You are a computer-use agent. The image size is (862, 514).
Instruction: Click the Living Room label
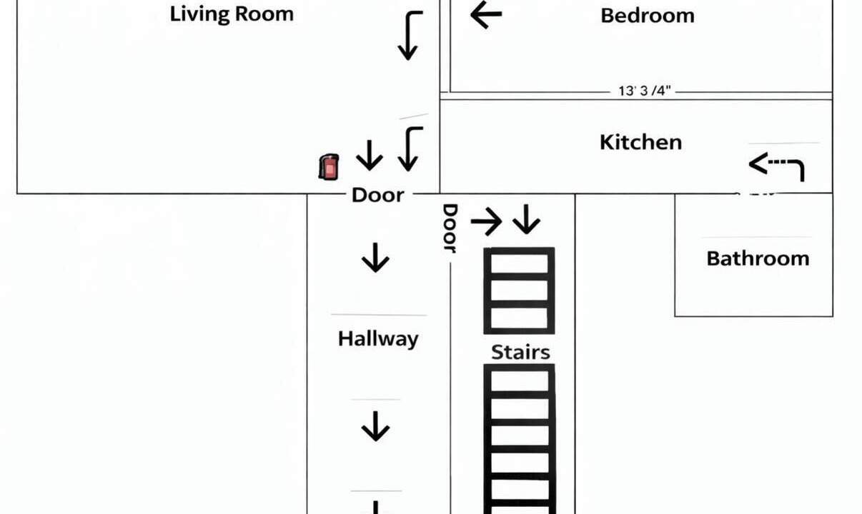click(x=232, y=14)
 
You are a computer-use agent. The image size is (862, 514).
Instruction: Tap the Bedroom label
click(x=648, y=16)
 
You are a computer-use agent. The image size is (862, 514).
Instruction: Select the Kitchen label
click(x=640, y=142)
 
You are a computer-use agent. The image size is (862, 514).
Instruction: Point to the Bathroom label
click(x=758, y=258)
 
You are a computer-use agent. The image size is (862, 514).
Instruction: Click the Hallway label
click(x=378, y=339)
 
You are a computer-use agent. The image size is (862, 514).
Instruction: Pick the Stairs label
click(x=520, y=352)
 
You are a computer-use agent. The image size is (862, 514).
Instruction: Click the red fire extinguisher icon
click(x=329, y=167)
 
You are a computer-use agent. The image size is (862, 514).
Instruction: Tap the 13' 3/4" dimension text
click(x=645, y=91)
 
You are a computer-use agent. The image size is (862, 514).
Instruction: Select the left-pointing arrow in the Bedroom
click(x=486, y=14)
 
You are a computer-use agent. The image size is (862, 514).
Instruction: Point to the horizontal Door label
click(x=378, y=195)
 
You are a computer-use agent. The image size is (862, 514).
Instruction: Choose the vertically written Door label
click(x=450, y=228)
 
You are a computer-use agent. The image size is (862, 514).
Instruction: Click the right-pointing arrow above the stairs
click(x=487, y=221)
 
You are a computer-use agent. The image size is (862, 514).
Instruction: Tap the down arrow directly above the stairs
click(x=526, y=219)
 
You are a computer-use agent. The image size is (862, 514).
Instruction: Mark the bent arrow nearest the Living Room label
click(x=408, y=36)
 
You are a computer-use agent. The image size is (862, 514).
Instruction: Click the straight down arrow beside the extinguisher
click(x=370, y=156)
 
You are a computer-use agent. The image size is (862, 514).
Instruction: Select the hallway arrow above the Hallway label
click(x=375, y=258)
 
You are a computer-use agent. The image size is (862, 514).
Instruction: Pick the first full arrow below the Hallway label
click(x=375, y=426)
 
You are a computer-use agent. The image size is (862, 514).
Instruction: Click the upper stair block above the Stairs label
click(x=519, y=291)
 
